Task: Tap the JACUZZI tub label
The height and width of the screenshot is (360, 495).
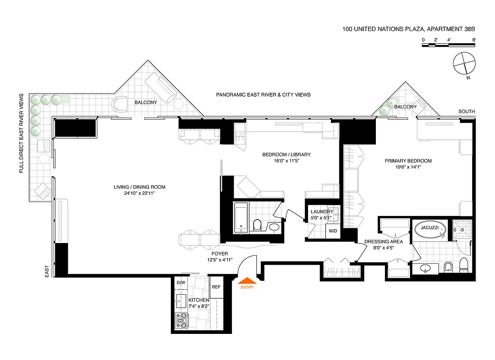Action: coord(429,228)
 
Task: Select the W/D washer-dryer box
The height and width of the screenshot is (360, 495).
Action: coord(333,231)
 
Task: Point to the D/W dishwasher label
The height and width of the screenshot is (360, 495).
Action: coord(181,283)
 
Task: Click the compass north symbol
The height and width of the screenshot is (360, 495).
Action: coord(464,63)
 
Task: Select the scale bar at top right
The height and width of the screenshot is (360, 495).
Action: coord(449,46)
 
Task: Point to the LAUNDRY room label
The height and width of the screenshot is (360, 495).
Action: coord(322,211)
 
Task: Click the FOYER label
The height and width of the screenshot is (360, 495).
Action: coord(221,253)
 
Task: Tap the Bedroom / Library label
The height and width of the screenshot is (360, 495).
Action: coord(286,154)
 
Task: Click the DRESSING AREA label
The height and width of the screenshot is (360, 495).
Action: coord(384,242)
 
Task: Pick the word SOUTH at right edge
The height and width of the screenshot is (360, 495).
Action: coord(467,112)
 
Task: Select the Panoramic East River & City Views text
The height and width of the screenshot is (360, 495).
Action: coord(263,95)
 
